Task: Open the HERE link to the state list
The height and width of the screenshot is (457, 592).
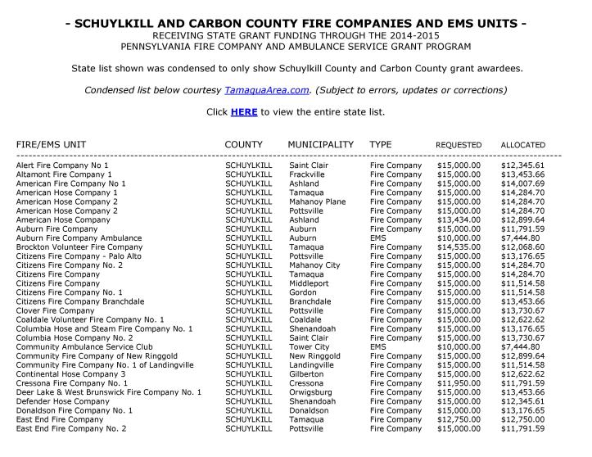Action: coord(244,111)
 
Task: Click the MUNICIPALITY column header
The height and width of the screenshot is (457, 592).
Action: coord(320,144)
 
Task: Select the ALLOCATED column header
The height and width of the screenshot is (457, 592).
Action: coord(523,145)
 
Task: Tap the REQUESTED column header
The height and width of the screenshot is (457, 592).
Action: coord(459,145)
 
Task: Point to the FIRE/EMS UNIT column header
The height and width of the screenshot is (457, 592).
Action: coord(51,144)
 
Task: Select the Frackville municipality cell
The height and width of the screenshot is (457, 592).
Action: coord(307,174)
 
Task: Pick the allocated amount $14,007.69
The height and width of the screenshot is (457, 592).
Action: coord(522,183)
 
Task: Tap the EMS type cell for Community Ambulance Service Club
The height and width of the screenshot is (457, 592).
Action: coord(377,346)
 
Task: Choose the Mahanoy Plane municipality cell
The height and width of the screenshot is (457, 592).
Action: coord(318,201)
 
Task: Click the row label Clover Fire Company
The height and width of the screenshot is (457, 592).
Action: coord(56,310)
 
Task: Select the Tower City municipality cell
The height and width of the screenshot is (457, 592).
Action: coord(310,346)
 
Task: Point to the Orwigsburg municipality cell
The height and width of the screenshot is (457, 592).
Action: coord(310,391)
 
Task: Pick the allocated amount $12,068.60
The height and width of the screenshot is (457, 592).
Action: coord(522,247)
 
